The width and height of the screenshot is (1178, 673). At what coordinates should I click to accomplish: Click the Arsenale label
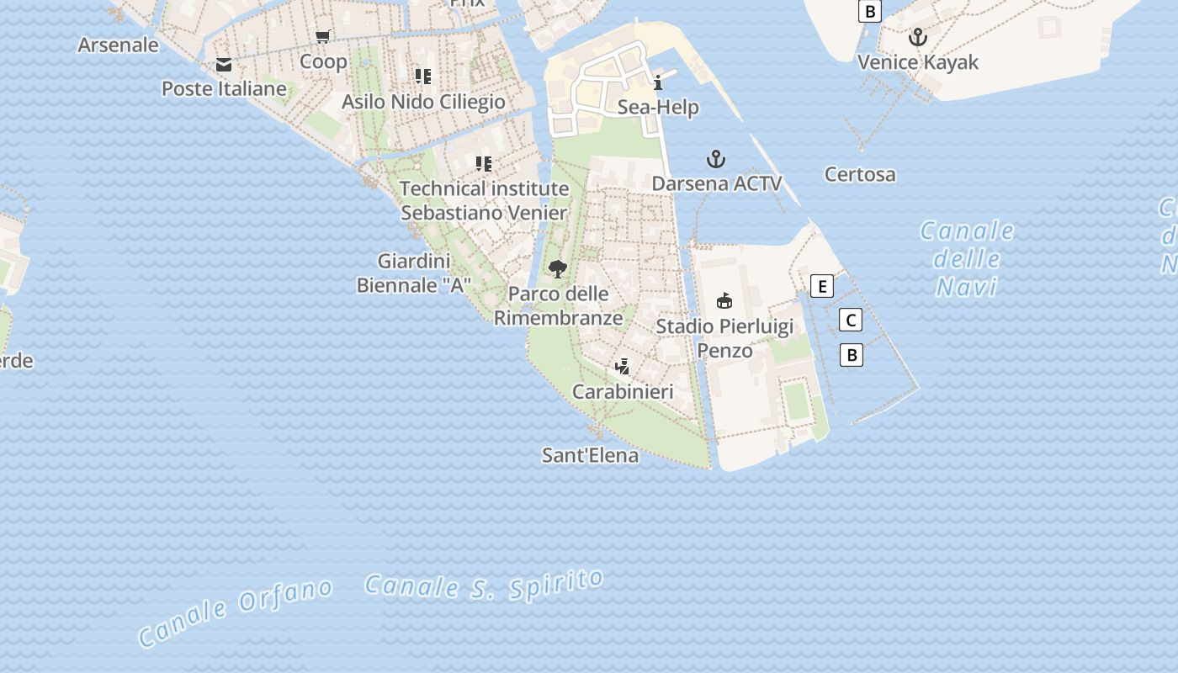point(118,45)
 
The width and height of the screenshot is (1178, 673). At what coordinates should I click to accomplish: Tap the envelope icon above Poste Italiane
point(224,65)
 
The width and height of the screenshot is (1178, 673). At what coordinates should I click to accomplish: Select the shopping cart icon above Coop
point(323,36)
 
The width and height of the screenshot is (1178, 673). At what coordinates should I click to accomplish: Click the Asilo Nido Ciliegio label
point(423,102)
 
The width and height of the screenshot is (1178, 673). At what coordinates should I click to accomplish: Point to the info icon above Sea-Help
point(658,82)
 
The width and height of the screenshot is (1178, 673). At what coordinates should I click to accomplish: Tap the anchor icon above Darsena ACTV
point(716,158)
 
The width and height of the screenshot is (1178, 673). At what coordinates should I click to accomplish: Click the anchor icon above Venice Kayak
point(918,37)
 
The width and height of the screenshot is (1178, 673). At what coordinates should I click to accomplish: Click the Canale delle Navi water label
point(967,259)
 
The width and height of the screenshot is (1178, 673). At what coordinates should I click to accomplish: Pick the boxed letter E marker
point(822,286)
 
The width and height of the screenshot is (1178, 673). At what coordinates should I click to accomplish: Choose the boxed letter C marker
point(851,320)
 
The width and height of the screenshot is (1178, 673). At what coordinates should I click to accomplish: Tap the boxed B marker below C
point(852,355)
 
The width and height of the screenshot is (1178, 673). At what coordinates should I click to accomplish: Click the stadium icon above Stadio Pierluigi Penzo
point(724,300)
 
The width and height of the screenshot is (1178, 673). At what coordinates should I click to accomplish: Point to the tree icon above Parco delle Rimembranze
point(557,269)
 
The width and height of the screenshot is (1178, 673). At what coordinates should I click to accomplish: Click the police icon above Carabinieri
point(623,366)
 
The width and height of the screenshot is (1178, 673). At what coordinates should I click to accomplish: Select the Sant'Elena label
point(590,456)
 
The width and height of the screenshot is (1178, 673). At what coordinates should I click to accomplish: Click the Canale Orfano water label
point(235,612)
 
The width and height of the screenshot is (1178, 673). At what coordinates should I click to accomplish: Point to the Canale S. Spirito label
point(485,584)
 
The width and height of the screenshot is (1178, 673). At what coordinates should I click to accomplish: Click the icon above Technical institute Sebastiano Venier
point(483,163)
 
